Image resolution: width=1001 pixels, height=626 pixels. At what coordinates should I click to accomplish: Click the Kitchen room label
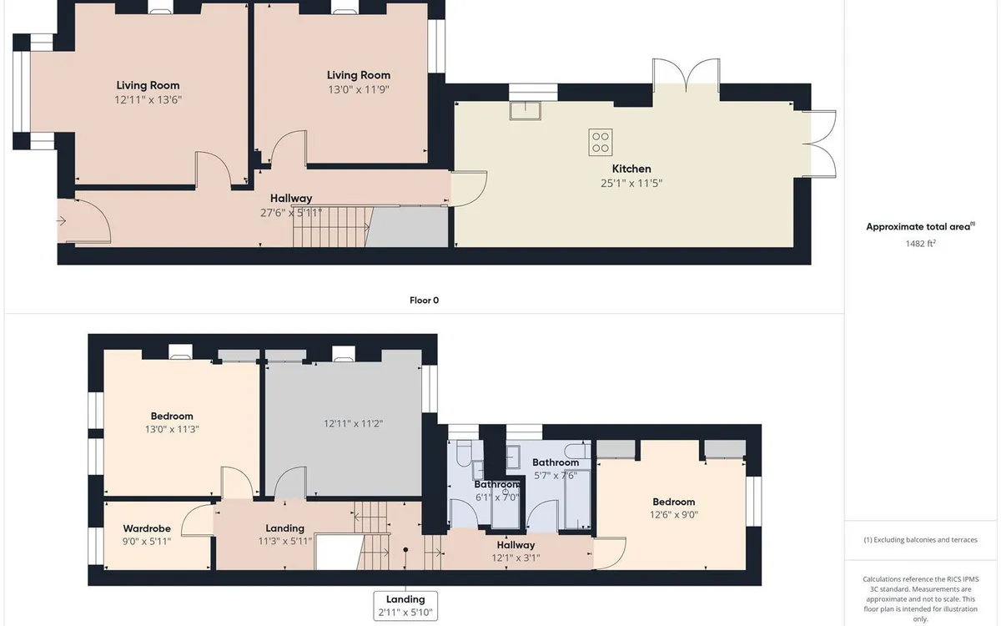pos(631,169)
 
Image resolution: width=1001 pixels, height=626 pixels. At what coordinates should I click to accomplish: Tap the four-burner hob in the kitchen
pos(600,141)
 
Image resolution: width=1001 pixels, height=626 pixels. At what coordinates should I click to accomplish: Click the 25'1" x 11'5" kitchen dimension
pos(631,183)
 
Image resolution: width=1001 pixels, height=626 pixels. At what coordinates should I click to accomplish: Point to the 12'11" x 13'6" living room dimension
pos(148,99)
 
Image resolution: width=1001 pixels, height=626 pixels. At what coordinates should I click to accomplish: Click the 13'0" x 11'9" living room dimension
pos(358,89)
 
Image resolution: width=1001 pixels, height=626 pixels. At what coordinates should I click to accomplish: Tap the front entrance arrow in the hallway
pos(62,221)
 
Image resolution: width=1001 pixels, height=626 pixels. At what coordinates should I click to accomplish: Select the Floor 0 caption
pos(424,300)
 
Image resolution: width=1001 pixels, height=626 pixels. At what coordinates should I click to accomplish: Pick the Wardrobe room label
pos(147,528)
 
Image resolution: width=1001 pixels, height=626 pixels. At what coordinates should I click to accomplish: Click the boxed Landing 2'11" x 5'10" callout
pos(405,606)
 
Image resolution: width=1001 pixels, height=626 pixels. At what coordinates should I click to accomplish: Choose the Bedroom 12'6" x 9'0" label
pos(673,508)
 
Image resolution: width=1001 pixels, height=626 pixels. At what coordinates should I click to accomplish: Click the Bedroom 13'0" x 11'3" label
pos(172,422)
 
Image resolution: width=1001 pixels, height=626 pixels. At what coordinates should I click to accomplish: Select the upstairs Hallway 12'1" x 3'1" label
pos(515,552)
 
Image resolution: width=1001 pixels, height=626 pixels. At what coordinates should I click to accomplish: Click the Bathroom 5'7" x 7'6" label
pos(556,469)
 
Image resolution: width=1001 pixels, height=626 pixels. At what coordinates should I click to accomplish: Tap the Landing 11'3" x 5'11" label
pos(284,535)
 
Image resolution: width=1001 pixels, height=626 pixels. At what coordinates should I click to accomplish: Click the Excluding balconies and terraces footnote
pos(920,540)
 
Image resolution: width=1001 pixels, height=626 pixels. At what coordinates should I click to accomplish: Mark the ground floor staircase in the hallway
pos(331,227)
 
